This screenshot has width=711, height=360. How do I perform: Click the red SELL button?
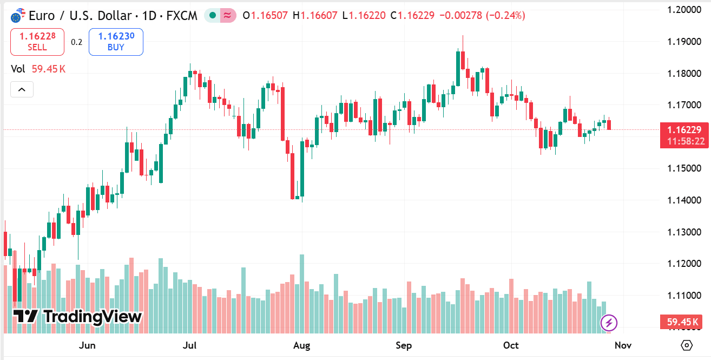(37, 42)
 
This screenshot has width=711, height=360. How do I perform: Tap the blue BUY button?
(116, 42)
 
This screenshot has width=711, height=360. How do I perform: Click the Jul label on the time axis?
(189, 345)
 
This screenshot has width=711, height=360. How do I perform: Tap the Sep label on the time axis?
(404, 345)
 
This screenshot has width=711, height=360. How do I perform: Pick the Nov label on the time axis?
(623, 345)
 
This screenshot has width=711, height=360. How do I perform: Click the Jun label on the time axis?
(87, 345)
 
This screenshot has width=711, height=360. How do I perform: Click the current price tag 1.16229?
(684, 130)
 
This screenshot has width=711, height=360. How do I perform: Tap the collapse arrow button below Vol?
(22, 89)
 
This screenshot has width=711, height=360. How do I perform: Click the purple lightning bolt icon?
(609, 323)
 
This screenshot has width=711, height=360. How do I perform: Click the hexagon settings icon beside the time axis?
(687, 345)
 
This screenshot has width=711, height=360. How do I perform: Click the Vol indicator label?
(18, 69)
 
